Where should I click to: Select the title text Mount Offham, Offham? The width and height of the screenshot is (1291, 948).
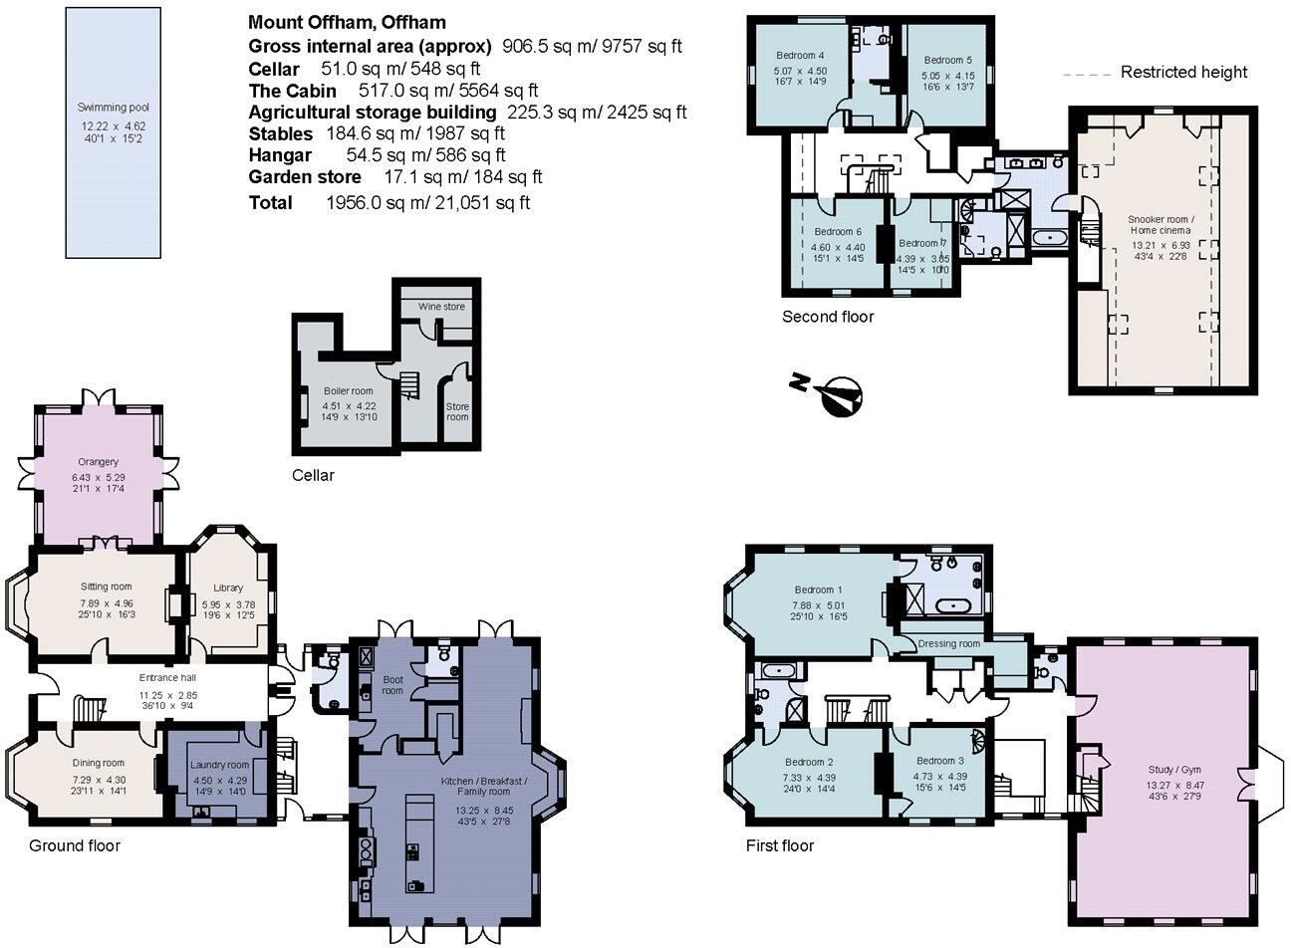pyautogui.click(x=347, y=22)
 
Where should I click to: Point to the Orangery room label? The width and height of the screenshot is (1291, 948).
pyautogui.click(x=98, y=462)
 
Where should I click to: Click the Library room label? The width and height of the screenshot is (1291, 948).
pyautogui.click(x=228, y=589)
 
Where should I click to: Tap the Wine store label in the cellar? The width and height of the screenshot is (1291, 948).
pyautogui.click(x=440, y=307)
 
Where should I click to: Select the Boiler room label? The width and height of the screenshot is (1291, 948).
pyautogui.click(x=348, y=391)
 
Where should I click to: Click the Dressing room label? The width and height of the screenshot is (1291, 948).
pyautogui.click(x=949, y=644)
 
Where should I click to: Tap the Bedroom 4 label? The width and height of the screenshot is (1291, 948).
pyautogui.click(x=800, y=56)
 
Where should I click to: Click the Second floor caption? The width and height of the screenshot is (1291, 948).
pyautogui.click(x=827, y=317)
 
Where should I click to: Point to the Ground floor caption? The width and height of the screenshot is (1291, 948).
pyautogui.click(x=74, y=845)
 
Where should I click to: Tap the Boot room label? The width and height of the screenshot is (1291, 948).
pyautogui.click(x=392, y=684)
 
